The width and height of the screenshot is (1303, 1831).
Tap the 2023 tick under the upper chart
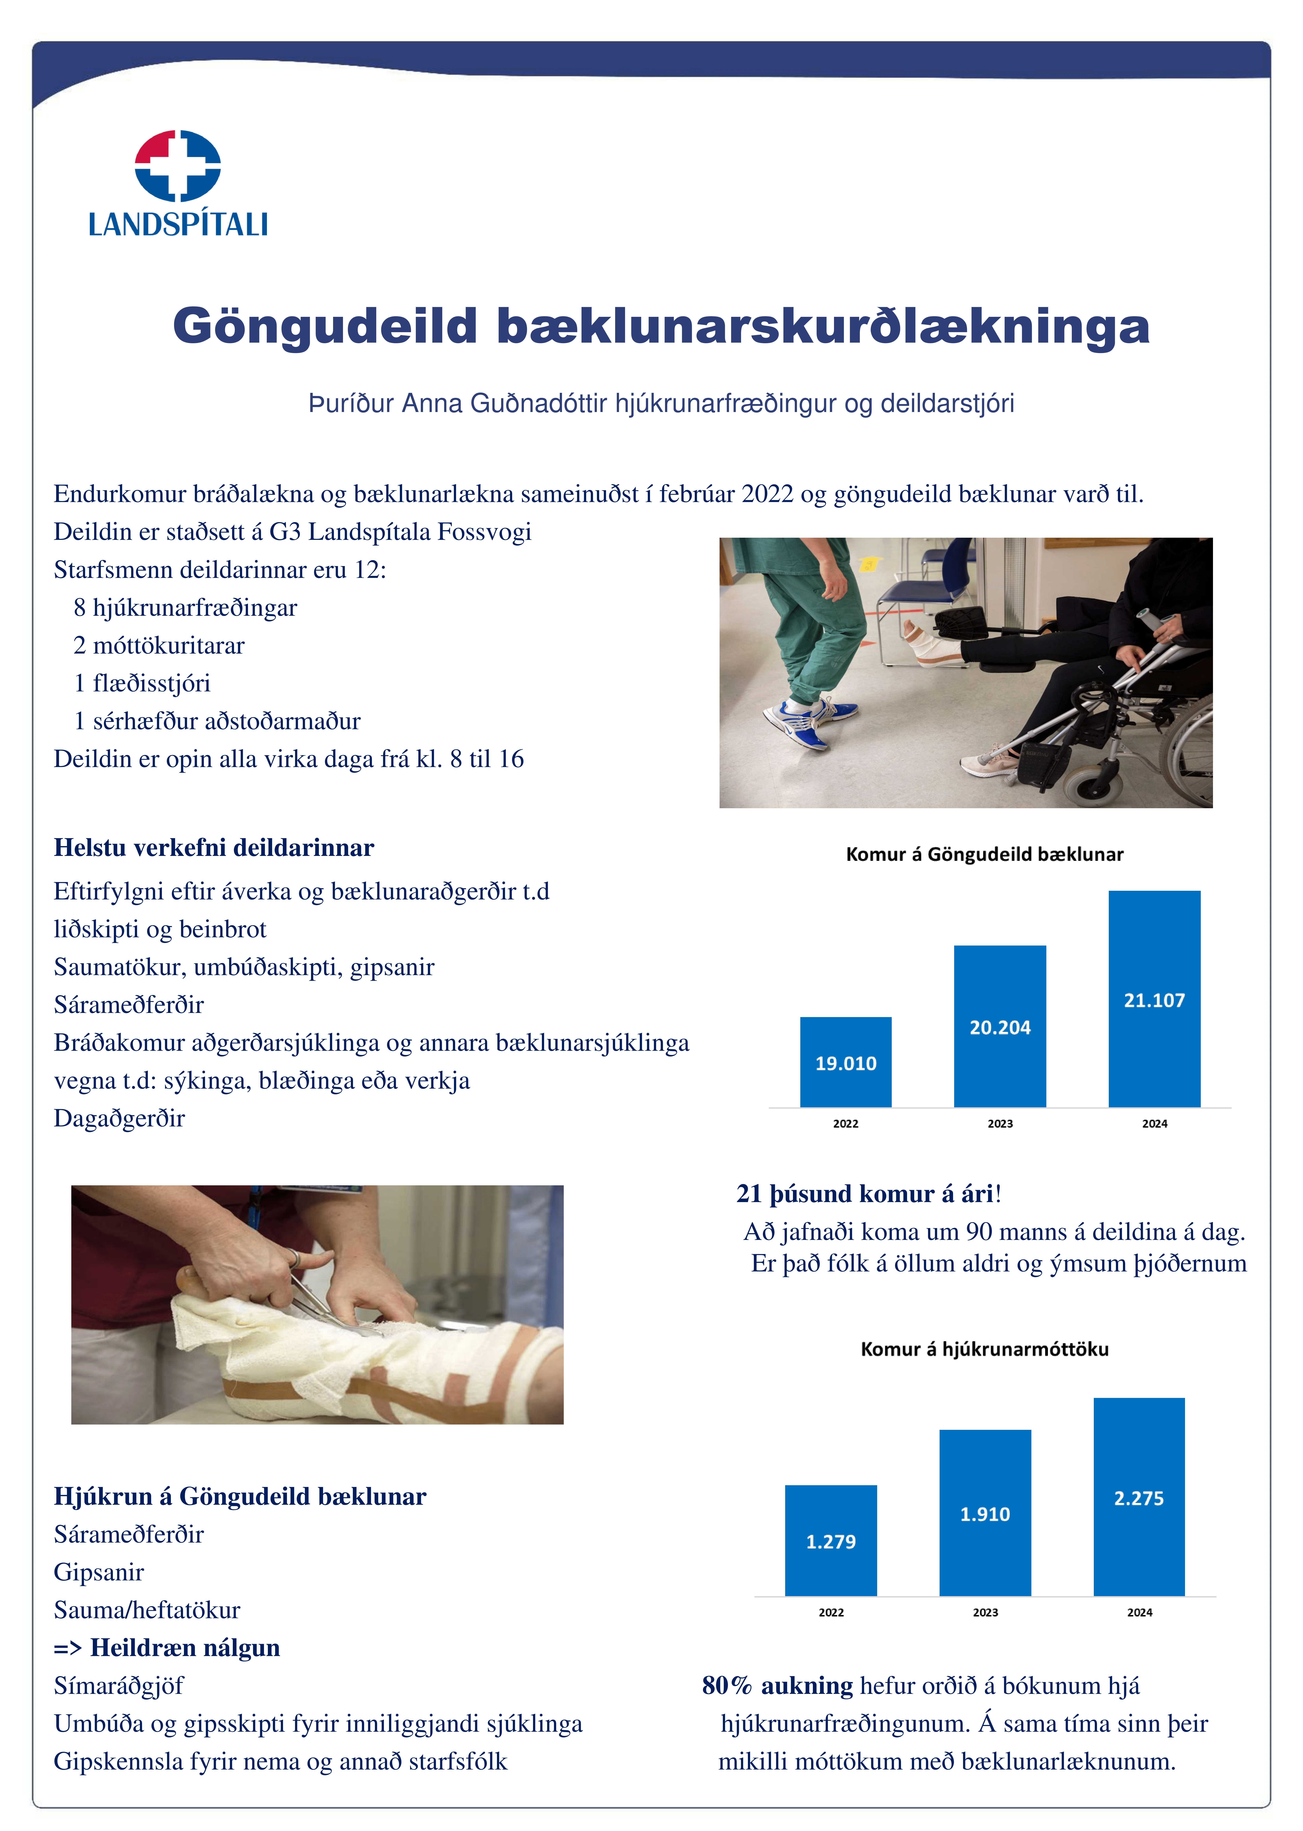coord(1000,1123)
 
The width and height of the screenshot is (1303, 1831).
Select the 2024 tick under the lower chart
coord(1139,1612)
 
